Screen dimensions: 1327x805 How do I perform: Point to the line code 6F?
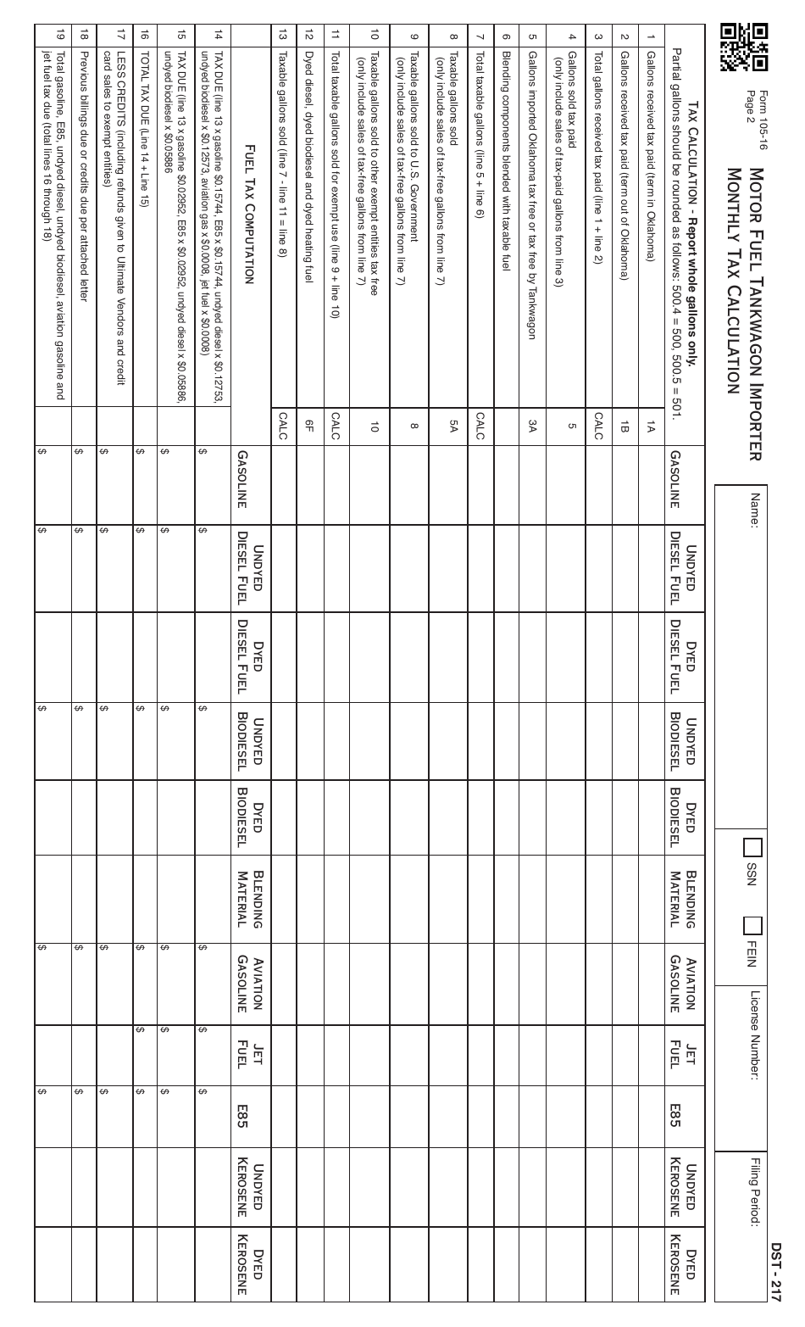[x=310, y=427]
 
